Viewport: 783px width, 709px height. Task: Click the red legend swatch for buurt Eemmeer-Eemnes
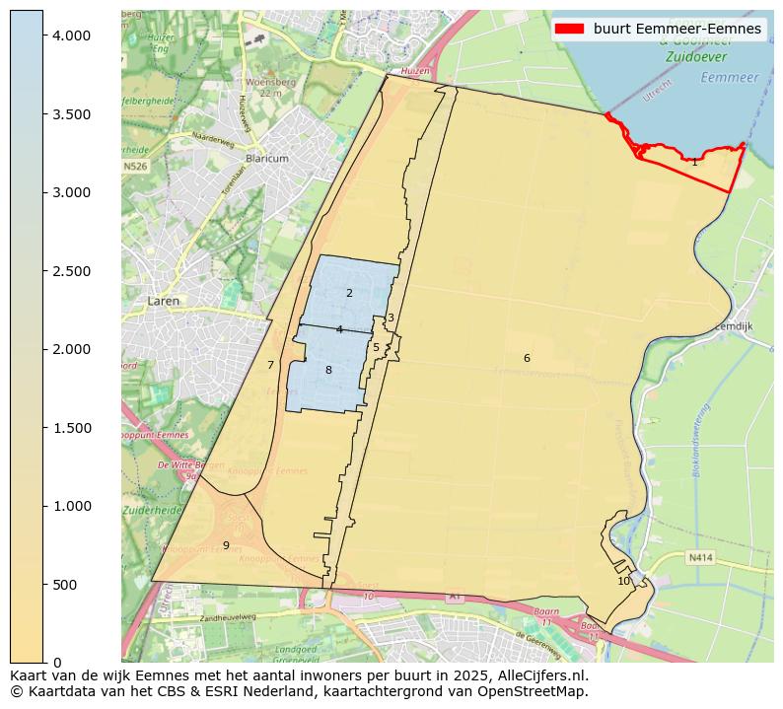571,29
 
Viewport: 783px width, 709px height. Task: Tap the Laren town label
164,301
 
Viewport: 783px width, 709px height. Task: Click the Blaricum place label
266,159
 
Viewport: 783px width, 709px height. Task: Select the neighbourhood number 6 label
527,358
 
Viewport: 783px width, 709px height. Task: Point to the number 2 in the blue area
349,293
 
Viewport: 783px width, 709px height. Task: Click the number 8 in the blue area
328,370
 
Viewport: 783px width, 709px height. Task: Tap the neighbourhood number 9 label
226,545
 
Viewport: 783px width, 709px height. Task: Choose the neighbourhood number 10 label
623,581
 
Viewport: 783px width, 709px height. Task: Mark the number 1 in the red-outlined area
694,162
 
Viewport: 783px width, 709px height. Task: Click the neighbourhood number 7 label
270,365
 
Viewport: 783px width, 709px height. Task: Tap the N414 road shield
699,557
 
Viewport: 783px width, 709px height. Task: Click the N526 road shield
136,167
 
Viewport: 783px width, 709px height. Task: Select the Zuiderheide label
149,511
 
